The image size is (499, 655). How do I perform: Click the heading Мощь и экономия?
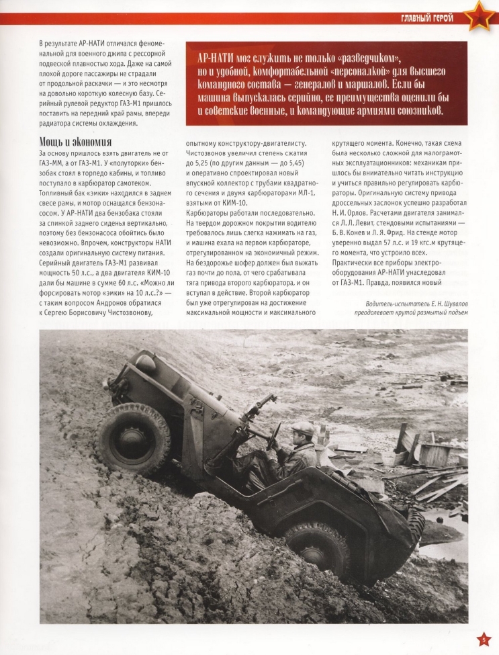coord(75,142)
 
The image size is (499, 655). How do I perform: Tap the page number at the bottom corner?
coord(482,639)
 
